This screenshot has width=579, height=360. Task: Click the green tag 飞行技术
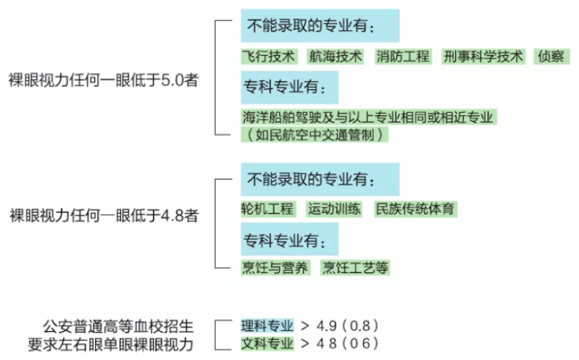pyautogui.click(x=268, y=56)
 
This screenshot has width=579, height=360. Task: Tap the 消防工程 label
pyautogui.click(x=403, y=56)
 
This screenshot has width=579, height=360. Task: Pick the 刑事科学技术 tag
pyautogui.click(x=483, y=56)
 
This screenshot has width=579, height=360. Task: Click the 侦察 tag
pyautogui.click(x=552, y=56)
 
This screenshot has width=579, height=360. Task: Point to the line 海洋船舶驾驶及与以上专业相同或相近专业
pyautogui.click(x=368, y=117)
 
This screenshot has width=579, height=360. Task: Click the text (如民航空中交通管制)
pyautogui.click(x=315, y=134)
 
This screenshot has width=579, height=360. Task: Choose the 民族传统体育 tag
pyautogui.click(x=416, y=209)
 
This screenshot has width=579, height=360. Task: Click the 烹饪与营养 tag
pyautogui.click(x=275, y=268)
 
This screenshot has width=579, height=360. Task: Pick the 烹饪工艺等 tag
pyautogui.click(x=356, y=268)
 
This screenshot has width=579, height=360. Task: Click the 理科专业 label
pyautogui.click(x=267, y=326)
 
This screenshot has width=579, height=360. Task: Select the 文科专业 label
pyautogui.click(x=267, y=343)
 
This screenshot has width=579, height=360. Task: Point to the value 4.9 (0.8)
pyautogui.click(x=347, y=326)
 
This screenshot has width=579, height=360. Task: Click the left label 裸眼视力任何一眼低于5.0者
pyautogui.click(x=104, y=80)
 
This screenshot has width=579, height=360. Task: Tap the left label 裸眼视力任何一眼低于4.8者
pyautogui.click(x=104, y=216)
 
